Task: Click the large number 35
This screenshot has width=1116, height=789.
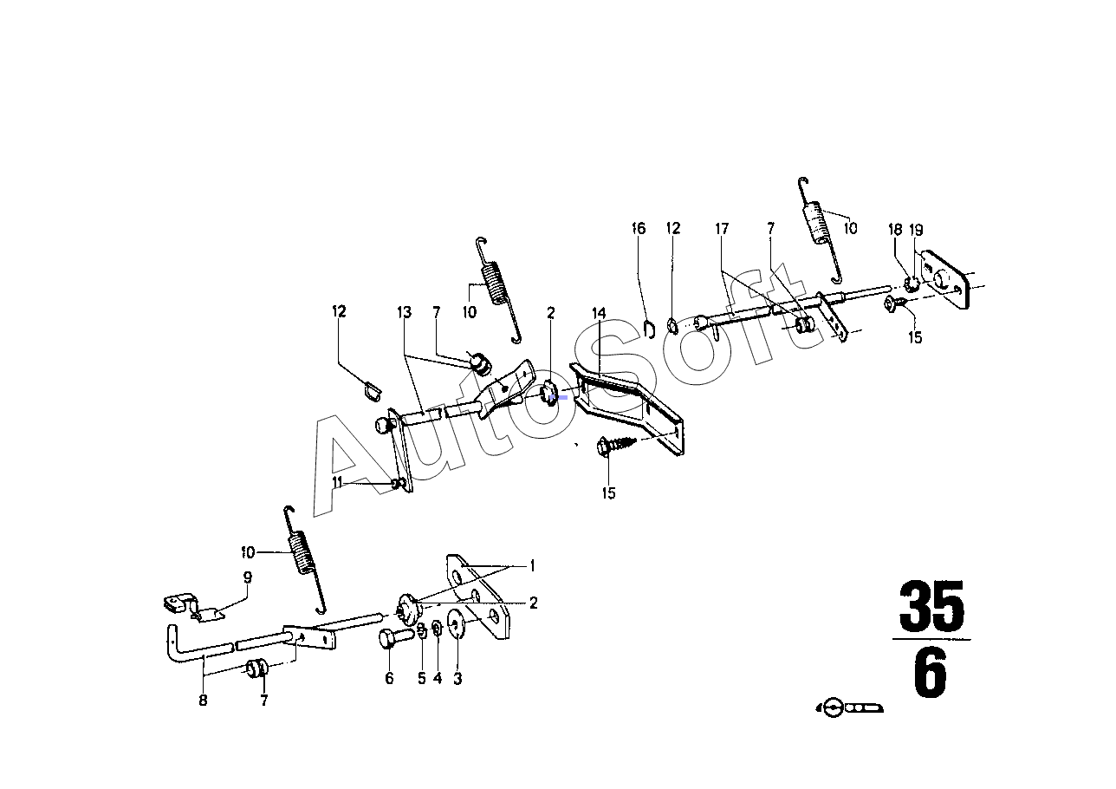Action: pos(931,607)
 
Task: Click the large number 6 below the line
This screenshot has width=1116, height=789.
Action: pos(931,675)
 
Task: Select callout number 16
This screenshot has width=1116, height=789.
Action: pos(639,229)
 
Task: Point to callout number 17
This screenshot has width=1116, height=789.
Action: pos(722,229)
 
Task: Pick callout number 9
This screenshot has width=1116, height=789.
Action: pos(247,577)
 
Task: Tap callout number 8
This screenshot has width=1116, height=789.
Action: pos(203,701)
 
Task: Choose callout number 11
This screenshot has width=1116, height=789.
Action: pos(339,481)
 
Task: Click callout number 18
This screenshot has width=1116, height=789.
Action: pos(895,230)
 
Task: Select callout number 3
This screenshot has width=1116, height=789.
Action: pos(457,679)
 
